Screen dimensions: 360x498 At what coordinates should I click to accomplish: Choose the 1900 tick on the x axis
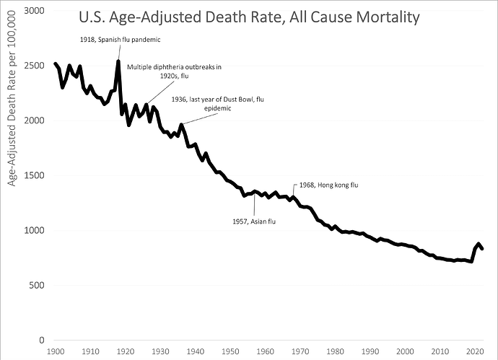click(x=56, y=351)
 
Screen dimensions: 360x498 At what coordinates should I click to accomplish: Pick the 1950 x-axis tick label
click(x=230, y=351)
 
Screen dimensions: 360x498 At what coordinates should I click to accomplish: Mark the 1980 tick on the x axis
click(x=335, y=351)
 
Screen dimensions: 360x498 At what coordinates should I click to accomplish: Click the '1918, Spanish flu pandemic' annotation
click(x=119, y=40)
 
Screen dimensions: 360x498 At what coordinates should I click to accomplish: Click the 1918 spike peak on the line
click(x=118, y=61)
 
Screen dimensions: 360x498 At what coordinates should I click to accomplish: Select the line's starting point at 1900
click(x=56, y=64)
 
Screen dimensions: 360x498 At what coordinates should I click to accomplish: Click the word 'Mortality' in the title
click(x=386, y=17)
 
